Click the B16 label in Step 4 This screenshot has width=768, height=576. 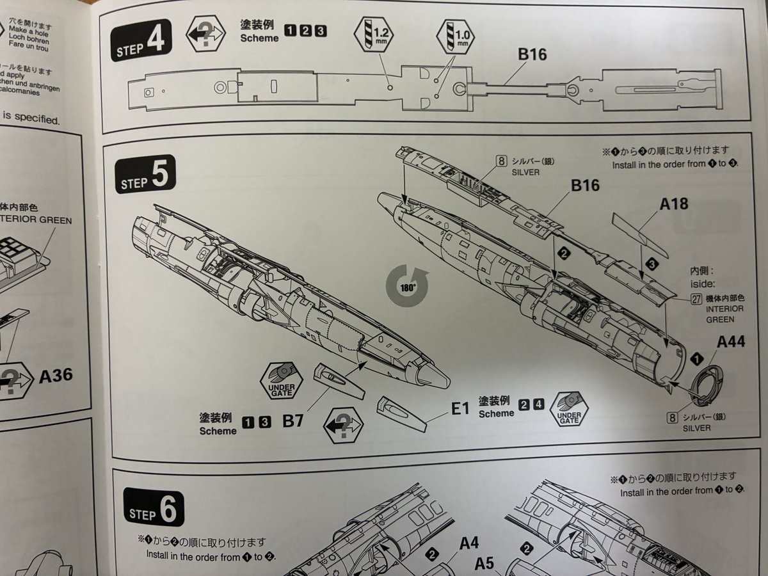pyautogui.click(x=532, y=54)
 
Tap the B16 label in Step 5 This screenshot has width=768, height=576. pyautogui.click(x=585, y=186)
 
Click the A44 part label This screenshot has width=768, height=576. pyautogui.click(x=731, y=342)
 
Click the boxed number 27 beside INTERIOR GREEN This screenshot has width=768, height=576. pyautogui.click(x=696, y=297)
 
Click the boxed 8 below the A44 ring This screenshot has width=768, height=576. pyautogui.click(x=672, y=417)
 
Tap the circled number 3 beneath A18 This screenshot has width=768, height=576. pyautogui.click(x=651, y=263)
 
